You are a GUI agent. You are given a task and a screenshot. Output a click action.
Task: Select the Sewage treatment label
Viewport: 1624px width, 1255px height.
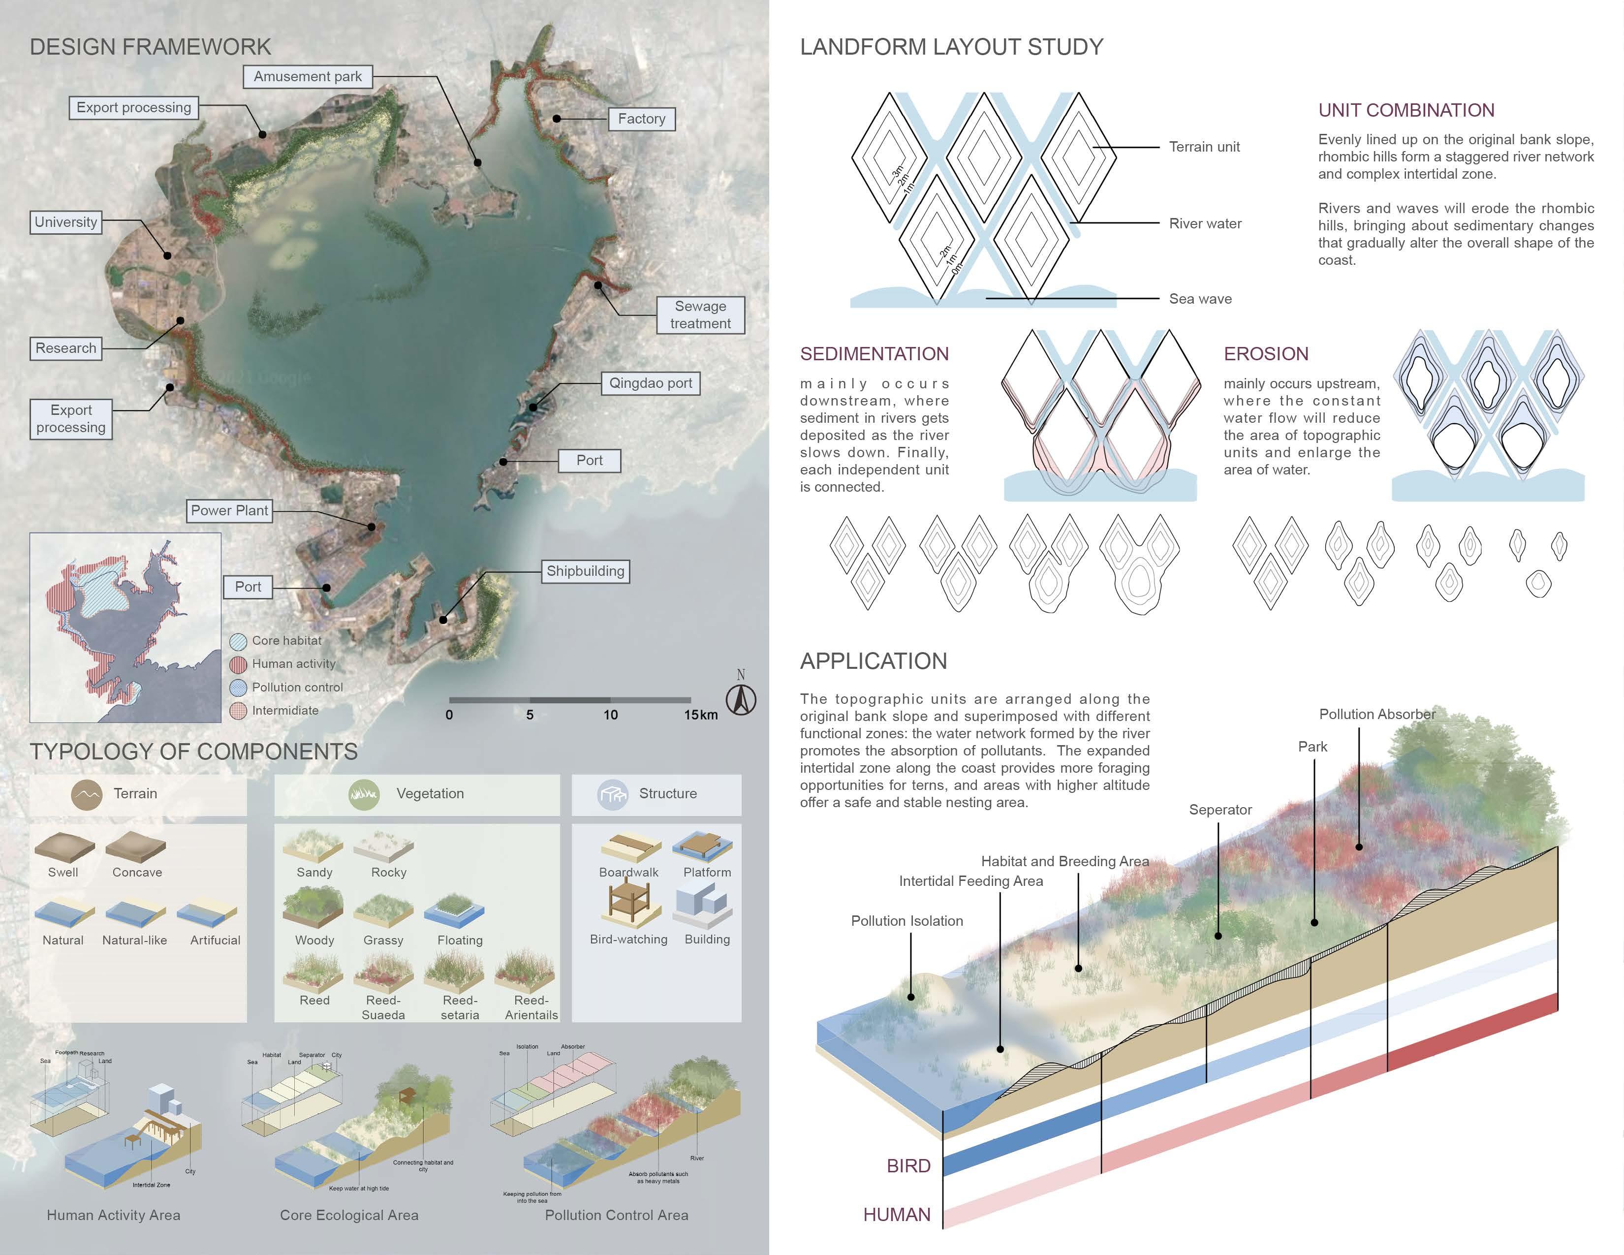coord(700,314)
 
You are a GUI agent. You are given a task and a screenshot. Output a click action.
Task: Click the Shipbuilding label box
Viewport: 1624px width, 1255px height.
coord(585,571)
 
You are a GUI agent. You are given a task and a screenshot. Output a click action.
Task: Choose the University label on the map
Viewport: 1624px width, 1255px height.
coord(65,222)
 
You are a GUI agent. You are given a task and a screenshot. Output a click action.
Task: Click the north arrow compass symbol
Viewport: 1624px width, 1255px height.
coord(741,699)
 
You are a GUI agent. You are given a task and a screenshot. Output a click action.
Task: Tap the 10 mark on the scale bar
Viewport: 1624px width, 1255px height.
coord(611,715)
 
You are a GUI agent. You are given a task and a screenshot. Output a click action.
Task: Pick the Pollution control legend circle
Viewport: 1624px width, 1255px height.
coord(238,688)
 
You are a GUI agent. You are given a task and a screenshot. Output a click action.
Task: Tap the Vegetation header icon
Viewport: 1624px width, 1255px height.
coord(364,794)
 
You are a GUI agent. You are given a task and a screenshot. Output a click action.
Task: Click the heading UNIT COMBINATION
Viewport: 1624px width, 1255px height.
coord(1405,111)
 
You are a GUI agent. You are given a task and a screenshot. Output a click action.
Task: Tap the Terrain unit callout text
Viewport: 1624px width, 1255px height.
coord(1204,147)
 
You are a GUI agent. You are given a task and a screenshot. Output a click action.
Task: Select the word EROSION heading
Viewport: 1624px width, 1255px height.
coord(1266,354)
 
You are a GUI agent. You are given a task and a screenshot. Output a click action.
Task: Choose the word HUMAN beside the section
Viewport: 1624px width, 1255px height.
coord(896,1215)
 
